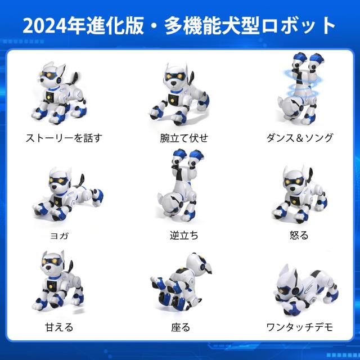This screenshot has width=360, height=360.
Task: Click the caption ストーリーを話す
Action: pyautogui.click(x=64, y=137)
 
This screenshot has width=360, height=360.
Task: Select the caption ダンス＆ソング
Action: pyautogui.click(x=300, y=137)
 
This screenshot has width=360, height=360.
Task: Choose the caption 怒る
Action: pyautogui.click(x=300, y=235)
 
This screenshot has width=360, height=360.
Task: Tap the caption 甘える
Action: pyautogui.click(x=59, y=326)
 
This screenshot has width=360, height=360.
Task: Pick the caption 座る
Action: pyautogui.click(x=181, y=326)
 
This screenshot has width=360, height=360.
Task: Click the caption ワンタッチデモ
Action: pyautogui.click(x=300, y=326)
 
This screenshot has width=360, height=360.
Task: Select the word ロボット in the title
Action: pyautogui.click(x=303, y=25)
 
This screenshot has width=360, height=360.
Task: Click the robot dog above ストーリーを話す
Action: pyautogui.click(x=58, y=93)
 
